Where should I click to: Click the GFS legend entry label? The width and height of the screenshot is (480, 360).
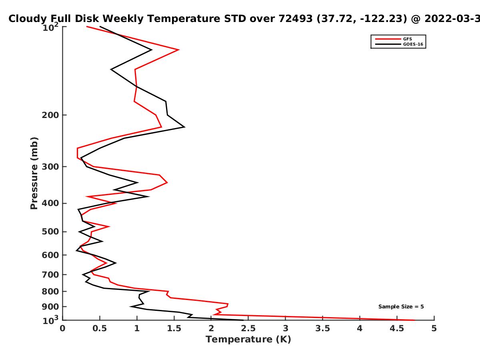click(407, 39)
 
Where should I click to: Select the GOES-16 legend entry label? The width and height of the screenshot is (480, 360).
click(413, 44)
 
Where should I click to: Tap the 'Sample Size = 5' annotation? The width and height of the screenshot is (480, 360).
click(401, 307)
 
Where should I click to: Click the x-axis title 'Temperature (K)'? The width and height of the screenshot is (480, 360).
click(248, 340)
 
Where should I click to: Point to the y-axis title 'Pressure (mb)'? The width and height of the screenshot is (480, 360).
click(34, 173)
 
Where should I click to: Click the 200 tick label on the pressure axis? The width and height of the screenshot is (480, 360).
click(50, 115)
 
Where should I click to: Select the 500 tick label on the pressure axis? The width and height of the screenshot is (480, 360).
click(50, 232)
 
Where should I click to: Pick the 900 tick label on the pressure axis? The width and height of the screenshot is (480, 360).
click(50, 307)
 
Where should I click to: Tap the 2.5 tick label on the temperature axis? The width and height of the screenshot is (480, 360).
click(248, 328)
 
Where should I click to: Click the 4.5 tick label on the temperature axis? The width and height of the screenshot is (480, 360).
click(397, 328)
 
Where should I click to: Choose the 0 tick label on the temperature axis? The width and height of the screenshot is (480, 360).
click(62, 328)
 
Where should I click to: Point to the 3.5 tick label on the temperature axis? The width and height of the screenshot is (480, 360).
click(322, 328)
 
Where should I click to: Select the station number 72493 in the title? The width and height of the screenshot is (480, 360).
click(295, 19)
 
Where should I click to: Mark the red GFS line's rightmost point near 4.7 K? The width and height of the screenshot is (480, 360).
click(414, 320)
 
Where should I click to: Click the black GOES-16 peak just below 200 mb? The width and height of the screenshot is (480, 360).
click(184, 127)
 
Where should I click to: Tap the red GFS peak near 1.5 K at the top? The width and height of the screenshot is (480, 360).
click(179, 50)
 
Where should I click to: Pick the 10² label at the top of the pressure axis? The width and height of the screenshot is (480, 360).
click(50, 27)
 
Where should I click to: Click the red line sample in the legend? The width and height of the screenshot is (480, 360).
click(388, 39)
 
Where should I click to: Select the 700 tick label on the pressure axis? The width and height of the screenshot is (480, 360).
click(50, 275)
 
